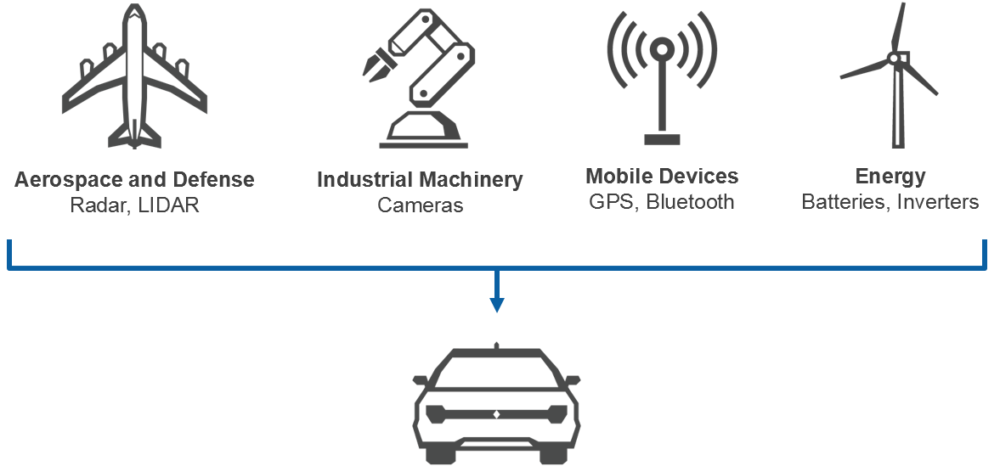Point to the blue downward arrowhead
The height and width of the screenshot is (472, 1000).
497,305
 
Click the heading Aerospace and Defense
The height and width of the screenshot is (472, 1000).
134,180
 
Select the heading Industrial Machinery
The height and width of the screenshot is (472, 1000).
420,180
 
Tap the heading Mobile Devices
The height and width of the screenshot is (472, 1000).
662,177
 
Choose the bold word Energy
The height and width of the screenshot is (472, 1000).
890,177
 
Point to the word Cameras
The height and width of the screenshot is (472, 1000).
421,205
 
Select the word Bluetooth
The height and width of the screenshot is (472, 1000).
690,201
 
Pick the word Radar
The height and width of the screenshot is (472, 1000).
97,205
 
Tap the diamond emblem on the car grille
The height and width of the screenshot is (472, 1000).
496,414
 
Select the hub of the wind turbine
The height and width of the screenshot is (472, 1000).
894,58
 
